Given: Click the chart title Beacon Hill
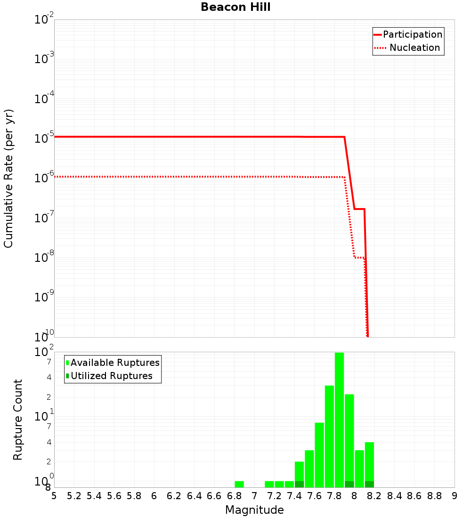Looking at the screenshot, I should [x=235, y=7].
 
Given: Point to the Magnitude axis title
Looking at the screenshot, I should [x=254, y=510].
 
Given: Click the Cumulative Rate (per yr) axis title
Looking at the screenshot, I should [x=8, y=178].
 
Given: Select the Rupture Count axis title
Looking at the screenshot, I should [x=18, y=419].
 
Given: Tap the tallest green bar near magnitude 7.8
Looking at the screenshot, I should [x=339, y=419].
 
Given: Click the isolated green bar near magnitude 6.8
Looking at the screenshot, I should [x=239, y=484].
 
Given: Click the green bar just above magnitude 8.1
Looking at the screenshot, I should [x=369, y=464].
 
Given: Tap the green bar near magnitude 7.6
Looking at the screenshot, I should [x=319, y=454].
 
